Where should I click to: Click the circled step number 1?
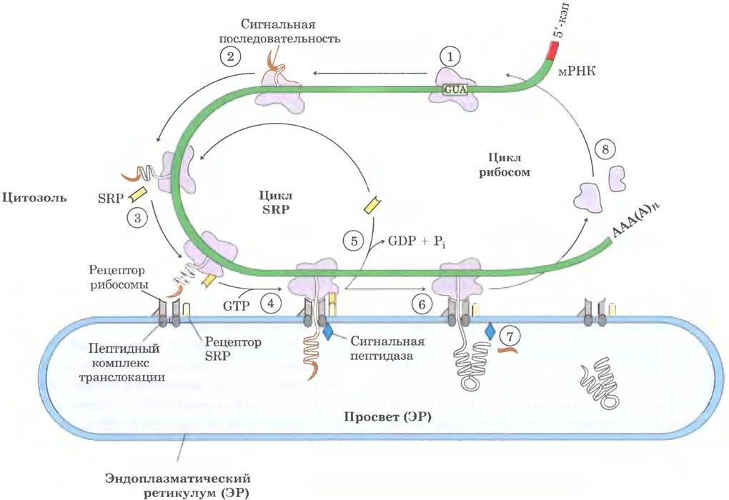(x=450, y=56)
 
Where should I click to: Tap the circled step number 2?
(x=230, y=56)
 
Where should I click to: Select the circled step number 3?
(x=137, y=217)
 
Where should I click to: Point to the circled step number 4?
(x=271, y=304)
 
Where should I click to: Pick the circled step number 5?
(x=354, y=241)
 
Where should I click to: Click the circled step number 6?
(x=422, y=304)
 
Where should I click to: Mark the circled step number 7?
(x=510, y=335)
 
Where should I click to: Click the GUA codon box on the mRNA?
(x=455, y=89)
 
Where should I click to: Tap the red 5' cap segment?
(x=553, y=51)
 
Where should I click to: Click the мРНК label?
(x=577, y=71)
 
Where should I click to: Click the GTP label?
(x=236, y=306)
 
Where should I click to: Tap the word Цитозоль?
(x=34, y=198)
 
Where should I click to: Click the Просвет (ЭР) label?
(x=388, y=417)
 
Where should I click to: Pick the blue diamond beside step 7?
(x=490, y=331)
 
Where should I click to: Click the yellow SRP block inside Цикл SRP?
(x=372, y=204)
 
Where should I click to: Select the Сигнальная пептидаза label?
(x=387, y=349)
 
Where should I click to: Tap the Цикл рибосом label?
(x=505, y=164)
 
